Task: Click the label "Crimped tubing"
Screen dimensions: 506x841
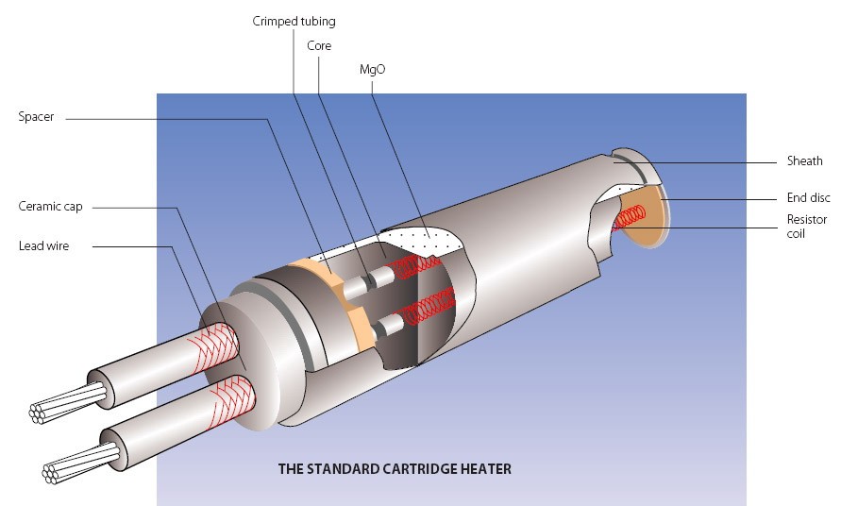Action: click(294, 21)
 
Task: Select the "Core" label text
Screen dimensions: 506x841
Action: click(319, 45)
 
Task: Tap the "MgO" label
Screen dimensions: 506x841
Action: click(372, 70)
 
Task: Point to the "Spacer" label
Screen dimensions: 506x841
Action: click(36, 117)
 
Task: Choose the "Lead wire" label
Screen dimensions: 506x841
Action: click(43, 246)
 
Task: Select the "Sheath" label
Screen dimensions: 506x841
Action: click(804, 161)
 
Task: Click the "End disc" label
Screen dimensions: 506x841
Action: click(808, 198)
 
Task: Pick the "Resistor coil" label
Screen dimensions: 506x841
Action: click(807, 226)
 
